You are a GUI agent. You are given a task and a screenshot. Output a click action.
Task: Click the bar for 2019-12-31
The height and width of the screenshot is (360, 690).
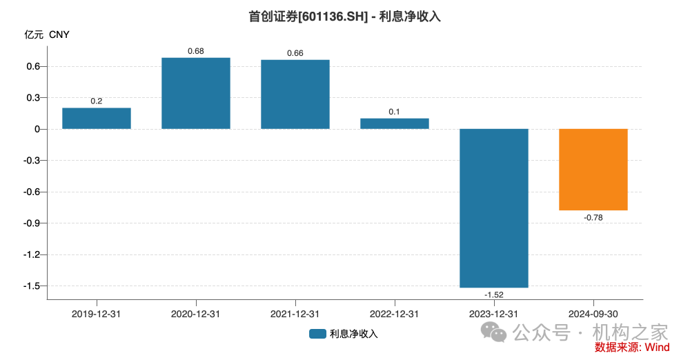coord(97,119)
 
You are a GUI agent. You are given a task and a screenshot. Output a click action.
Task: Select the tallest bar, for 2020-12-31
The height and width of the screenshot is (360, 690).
coord(196,93)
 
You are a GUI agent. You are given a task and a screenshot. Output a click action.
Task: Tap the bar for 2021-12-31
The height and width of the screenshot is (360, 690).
coord(295,94)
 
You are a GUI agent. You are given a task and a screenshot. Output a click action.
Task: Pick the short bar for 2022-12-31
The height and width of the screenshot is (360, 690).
coord(395,123)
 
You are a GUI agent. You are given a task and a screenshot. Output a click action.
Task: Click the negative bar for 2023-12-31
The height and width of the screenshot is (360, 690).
coord(494,208)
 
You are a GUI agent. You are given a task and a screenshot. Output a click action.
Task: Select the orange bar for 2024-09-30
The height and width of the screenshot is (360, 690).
coord(593,169)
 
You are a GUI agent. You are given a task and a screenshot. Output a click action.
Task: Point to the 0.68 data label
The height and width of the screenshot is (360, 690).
coord(196,51)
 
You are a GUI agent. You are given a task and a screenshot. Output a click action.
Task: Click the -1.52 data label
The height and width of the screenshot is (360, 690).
coord(494,294)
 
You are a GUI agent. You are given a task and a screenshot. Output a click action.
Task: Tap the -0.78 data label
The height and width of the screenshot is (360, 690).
coord(593,217)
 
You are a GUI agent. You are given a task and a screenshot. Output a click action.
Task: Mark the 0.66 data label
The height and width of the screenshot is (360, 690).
coord(295,53)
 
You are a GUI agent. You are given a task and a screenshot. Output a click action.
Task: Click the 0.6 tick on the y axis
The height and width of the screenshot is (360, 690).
coord(34,67)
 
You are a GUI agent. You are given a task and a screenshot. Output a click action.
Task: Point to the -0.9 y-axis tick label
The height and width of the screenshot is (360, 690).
coord(32,223)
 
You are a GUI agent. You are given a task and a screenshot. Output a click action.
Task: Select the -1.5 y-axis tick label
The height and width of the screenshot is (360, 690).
coord(32,286)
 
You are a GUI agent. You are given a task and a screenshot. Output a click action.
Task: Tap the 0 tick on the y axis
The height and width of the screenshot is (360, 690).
coord(38,130)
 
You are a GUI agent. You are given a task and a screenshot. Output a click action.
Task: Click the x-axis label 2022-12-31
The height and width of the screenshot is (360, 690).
coord(395,314)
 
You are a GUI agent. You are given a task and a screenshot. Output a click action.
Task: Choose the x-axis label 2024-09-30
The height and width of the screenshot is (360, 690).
coord(593,314)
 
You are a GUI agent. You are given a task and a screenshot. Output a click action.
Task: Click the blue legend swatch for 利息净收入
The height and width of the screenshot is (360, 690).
coord(317,334)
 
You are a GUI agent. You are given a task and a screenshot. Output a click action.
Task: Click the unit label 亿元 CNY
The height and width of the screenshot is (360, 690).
coord(48,34)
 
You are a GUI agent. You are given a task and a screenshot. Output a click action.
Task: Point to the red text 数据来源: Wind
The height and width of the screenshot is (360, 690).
coord(632,348)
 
